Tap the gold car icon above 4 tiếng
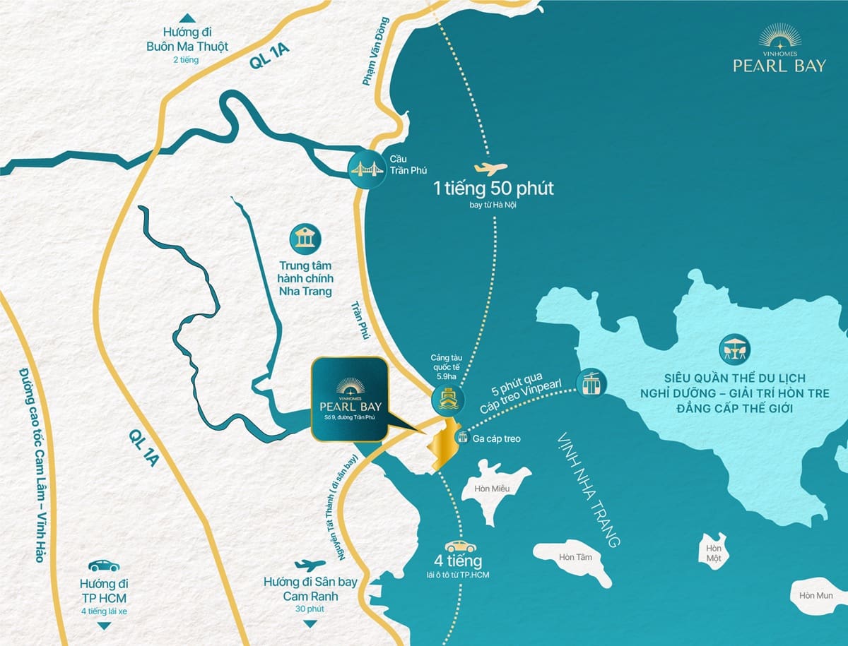pos(460,546)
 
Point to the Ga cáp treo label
pos(497,439)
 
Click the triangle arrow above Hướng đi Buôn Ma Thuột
pos(187,18)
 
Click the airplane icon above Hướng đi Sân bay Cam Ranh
pos(310,565)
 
